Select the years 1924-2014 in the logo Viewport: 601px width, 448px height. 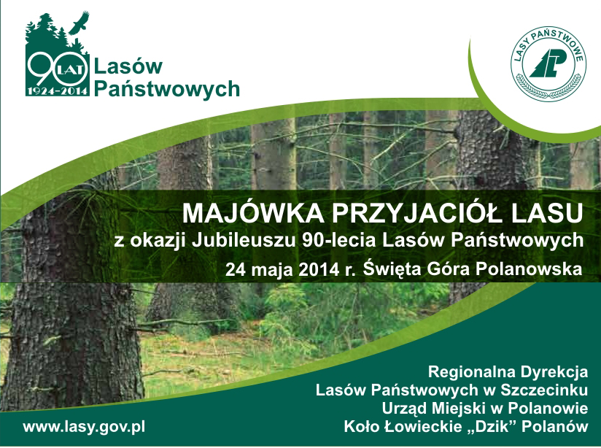point(58,91)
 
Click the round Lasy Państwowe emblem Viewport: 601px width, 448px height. point(548,64)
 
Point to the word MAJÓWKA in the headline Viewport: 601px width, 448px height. point(253,213)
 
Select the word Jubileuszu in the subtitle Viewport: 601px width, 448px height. point(244,241)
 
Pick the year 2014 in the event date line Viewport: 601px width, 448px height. point(319,269)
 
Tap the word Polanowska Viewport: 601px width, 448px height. point(529,269)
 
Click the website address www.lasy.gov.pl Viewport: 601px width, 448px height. point(85,427)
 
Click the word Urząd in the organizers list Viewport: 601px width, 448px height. point(404,409)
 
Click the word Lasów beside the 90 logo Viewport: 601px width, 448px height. point(128,66)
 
